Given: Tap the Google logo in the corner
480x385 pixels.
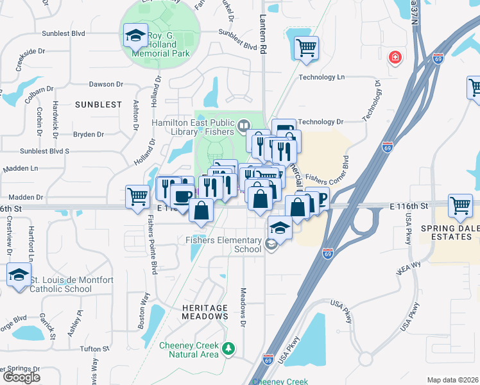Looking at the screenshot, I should pyautogui.click(x=21, y=377).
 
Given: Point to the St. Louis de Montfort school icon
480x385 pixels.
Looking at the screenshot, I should pyautogui.click(x=19, y=276).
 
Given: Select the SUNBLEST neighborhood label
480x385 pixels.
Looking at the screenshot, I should pyautogui.click(x=98, y=104).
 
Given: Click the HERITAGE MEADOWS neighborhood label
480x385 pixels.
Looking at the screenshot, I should pyautogui.click(x=205, y=312).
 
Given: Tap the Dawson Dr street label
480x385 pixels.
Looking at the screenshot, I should pyautogui.click(x=106, y=84).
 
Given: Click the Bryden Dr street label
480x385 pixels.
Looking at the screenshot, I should pyautogui.click(x=89, y=135).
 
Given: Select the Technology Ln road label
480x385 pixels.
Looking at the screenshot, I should pyautogui.click(x=321, y=77).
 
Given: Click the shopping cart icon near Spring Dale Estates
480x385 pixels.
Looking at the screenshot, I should pyautogui.click(x=461, y=206).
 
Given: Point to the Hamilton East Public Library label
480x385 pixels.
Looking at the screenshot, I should pyautogui.click(x=193, y=126).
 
